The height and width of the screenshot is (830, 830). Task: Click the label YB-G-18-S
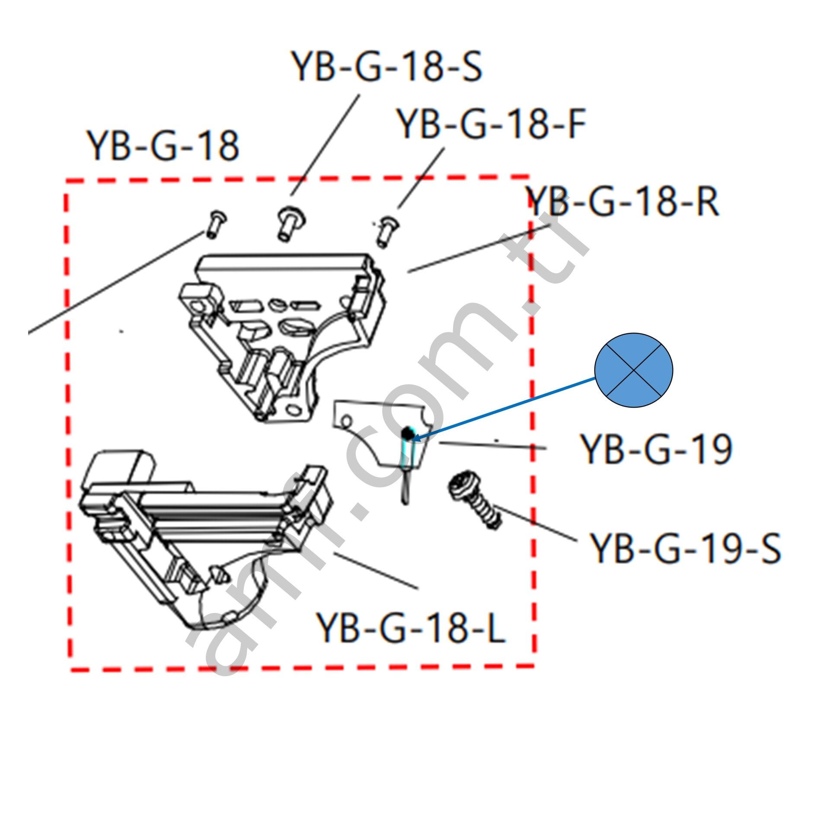pos(386,67)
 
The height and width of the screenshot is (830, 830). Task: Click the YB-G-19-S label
pos(685,548)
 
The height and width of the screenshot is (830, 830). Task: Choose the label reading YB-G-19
pos(656,450)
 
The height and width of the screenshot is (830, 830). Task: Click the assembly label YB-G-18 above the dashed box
pos(163,146)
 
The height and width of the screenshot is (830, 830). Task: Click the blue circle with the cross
pos(633,370)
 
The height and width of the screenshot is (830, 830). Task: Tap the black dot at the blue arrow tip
pos(406,432)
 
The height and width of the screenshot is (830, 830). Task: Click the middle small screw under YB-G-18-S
pos(290,223)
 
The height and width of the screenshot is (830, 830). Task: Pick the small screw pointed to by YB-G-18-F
pos(386,232)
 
